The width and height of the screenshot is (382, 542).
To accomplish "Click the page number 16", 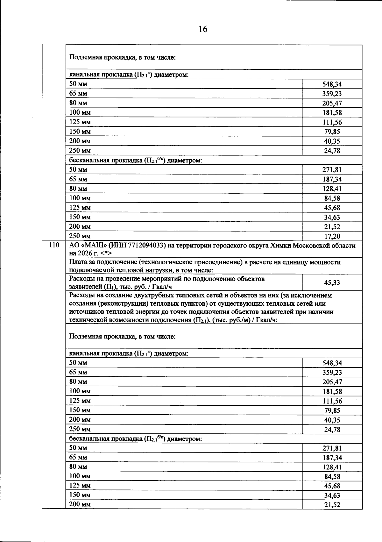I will pyautogui.click(x=203, y=29).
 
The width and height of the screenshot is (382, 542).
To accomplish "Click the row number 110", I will pyautogui.click(x=54, y=245).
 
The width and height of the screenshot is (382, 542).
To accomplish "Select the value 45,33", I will pyautogui.click(x=332, y=283).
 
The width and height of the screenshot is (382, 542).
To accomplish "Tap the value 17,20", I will pyautogui.click(x=332, y=236).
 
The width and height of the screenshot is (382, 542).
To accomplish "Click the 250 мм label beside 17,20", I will pyautogui.click(x=80, y=236).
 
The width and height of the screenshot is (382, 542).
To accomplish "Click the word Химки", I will pyautogui.click(x=280, y=246).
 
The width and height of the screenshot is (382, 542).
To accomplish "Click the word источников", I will pyautogui.click(x=86, y=312).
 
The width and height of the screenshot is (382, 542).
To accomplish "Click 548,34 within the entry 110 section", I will pyautogui.click(x=332, y=363).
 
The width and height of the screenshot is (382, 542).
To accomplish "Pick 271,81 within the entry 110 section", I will pyautogui.click(x=332, y=448).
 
